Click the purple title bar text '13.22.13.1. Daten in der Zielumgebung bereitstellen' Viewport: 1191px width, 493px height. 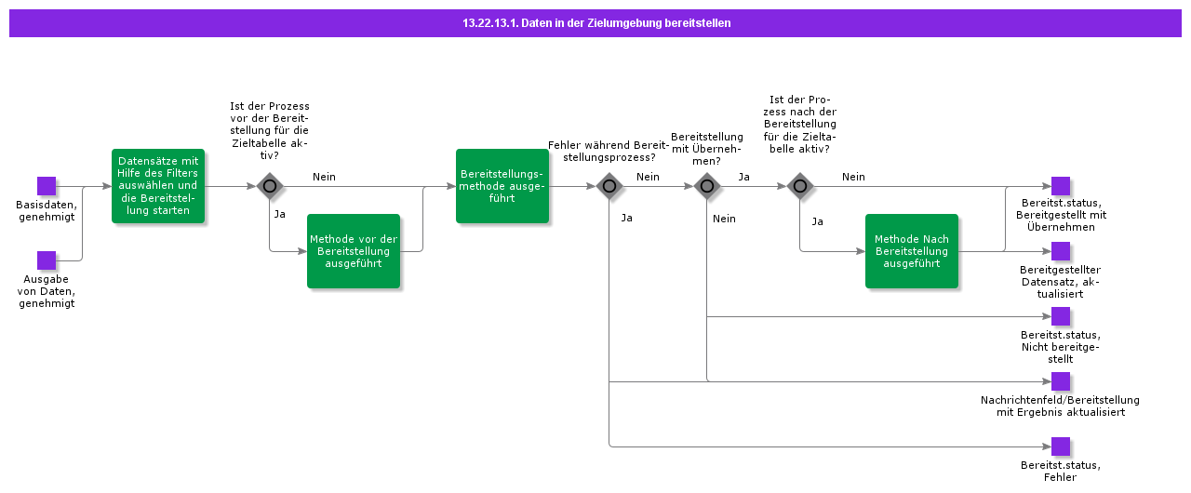(595, 23)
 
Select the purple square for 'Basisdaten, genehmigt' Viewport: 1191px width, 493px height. (47, 186)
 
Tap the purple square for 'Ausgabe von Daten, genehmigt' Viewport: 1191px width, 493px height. (47, 260)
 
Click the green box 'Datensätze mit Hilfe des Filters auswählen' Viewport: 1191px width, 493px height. (158, 186)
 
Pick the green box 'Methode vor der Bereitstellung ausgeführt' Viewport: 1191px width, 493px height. (354, 251)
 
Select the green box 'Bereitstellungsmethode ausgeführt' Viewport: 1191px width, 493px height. (502, 186)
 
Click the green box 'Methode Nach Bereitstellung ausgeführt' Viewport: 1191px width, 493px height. (911, 251)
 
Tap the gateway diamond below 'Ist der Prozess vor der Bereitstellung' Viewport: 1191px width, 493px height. (270, 186)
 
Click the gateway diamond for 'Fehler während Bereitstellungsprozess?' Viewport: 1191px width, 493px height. (609, 186)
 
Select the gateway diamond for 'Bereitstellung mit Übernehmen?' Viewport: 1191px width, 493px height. (707, 186)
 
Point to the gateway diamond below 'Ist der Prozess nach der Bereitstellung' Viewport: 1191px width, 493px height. (799, 186)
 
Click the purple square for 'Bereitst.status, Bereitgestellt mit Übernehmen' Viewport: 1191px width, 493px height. (1061, 186)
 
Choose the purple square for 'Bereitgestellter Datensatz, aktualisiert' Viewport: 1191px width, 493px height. (1061, 251)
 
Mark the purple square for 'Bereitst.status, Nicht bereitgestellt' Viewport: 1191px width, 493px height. (1061, 316)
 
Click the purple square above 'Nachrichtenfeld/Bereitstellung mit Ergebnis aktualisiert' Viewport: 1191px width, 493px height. (1061, 381)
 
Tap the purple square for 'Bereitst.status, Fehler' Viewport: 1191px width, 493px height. (1061, 446)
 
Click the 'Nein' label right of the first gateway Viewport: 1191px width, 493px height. (324, 177)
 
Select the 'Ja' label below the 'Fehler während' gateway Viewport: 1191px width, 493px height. (626, 218)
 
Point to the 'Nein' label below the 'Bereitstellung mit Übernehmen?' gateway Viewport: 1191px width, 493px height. (724, 219)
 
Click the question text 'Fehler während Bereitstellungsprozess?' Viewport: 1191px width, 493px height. (608, 151)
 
